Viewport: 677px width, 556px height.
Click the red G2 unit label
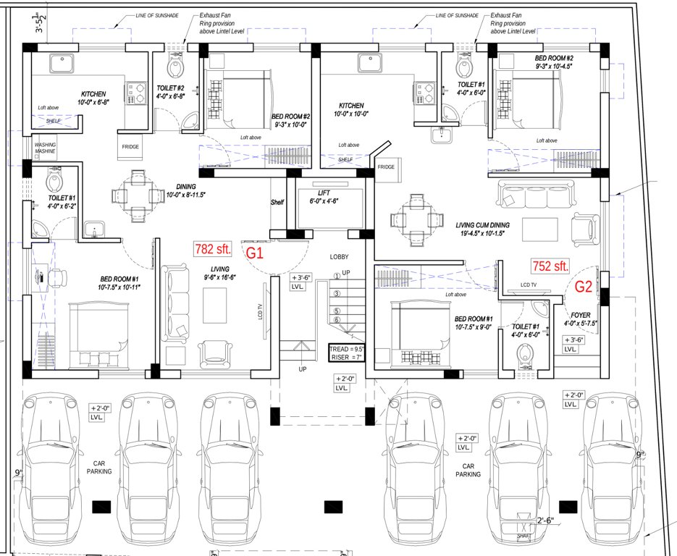pos(584,286)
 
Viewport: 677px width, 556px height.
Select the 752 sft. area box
pos(550,266)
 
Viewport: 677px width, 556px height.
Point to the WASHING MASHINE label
pos(45,148)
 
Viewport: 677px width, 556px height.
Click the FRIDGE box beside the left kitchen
pos(130,147)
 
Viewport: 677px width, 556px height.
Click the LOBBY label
pos(340,257)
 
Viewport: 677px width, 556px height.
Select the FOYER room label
pos(581,315)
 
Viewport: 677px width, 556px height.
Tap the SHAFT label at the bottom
pos(523,536)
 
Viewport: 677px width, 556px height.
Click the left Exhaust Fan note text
pos(214,23)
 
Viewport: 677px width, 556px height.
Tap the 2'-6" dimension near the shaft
pos(545,521)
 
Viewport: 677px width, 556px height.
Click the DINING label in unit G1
pos(177,186)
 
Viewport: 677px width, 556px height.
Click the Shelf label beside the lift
pos(277,202)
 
